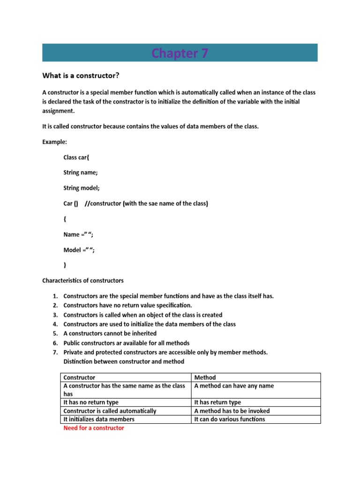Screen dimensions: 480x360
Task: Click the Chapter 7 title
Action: coord(180,53)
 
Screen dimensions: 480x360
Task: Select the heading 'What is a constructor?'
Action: coord(84,75)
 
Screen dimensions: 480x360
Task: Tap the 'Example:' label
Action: coord(56,142)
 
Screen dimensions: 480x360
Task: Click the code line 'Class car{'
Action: coord(80,157)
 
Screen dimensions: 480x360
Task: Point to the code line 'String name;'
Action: coord(81,172)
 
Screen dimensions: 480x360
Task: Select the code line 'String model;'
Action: coord(82,188)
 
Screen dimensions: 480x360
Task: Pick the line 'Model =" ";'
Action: coord(79,250)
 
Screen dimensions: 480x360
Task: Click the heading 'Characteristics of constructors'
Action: coord(83,281)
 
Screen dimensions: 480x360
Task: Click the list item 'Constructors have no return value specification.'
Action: coord(127,306)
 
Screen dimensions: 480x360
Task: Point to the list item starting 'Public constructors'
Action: coord(126,343)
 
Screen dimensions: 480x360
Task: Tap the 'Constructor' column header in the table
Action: coord(79,377)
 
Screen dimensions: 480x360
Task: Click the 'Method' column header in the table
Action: coord(205,377)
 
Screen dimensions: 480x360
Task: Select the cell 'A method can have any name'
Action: coord(234,386)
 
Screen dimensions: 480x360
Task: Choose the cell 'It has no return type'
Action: coord(91,402)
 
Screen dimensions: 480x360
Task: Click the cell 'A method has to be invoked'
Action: coord(232,411)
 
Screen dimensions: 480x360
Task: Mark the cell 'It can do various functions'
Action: coord(229,419)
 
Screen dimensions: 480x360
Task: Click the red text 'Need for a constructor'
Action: coord(94,428)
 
